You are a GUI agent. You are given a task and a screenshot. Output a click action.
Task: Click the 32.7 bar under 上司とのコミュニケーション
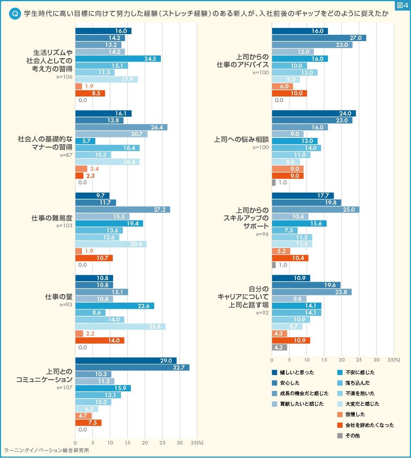pyautogui.click(x=132, y=367)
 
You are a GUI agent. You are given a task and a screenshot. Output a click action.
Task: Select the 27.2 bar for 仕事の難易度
pyautogui.click(x=123, y=210)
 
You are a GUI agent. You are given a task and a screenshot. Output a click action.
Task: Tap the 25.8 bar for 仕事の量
pyautogui.click(x=120, y=327)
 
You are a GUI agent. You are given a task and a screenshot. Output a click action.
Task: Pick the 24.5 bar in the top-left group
pyautogui.click(x=118, y=59)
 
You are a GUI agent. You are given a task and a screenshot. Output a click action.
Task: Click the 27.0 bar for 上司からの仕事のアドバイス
pyautogui.click(x=319, y=38)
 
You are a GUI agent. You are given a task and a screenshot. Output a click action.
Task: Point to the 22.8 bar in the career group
pyautogui.click(x=312, y=292)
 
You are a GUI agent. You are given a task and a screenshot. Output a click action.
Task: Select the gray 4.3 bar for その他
pyautogui.click(x=280, y=348)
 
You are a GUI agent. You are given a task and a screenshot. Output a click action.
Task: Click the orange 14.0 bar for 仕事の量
pyautogui.click(x=100, y=341)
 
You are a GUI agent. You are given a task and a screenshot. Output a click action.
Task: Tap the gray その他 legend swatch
pyautogui.click(x=340, y=436)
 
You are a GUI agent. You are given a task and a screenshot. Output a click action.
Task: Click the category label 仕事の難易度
pyautogui.click(x=52, y=218)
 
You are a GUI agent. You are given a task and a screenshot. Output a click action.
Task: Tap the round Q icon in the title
pyautogui.click(x=15, y=14)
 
